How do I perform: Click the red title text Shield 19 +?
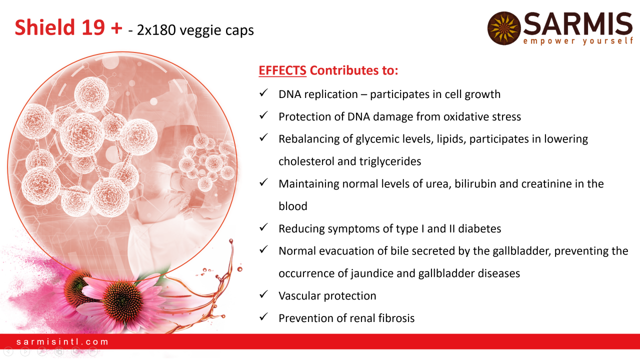click(x=68, y=27)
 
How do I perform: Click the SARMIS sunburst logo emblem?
click(x=504, y=28)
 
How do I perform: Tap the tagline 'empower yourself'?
click(x=578, y=41)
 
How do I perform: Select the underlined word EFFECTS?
click(x=282, y=70)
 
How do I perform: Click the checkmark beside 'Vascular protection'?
click(x=263, y=294)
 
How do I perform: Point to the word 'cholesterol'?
click(x=306, y=161)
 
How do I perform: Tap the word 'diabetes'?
click(x=479, y=228)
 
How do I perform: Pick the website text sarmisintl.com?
click(x=62, y=341)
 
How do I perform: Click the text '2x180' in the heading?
click(x=156, y=30)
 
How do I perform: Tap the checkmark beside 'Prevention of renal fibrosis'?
click(x=263, y=316)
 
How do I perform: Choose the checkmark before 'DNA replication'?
click(x=263, y=92)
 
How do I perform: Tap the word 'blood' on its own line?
click(x=293, y=206)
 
